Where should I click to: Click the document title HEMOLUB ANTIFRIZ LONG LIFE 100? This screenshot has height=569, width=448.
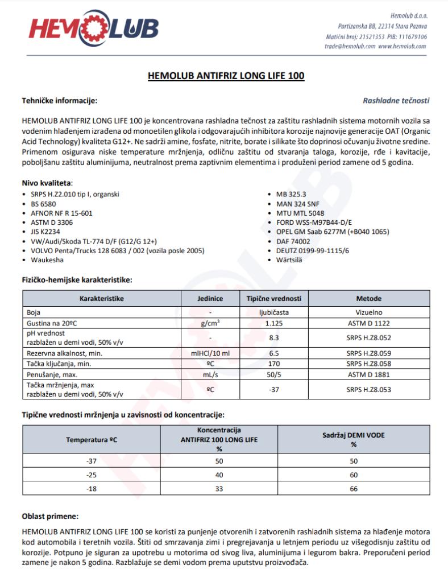[x=226, y=75]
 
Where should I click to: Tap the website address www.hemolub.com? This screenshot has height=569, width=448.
[x=402, y=47]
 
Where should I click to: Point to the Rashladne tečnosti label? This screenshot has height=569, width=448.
[x=396, y=101]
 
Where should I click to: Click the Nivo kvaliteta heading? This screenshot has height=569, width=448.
[x=47, y=183]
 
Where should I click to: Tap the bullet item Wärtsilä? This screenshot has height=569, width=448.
[x=290, y=260]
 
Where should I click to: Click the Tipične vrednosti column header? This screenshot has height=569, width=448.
[x=274, y=298]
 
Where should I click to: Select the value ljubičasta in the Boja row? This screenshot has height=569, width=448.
[x=274, y=312]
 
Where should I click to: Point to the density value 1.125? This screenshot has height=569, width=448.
[x=274, y=323]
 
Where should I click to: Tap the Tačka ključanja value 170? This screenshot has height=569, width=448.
[x=274, y=363]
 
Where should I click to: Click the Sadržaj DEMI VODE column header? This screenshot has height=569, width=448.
[x=353, y=439]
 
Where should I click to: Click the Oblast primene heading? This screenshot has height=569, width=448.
[x=50, y=517]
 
